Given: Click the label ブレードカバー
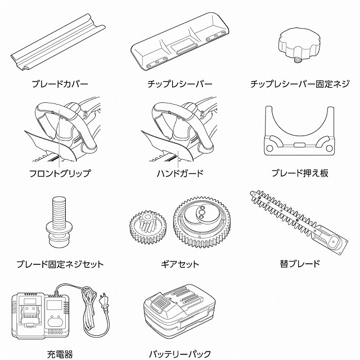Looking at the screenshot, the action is coord(60,84).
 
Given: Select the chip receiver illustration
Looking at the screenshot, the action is coord(180,41).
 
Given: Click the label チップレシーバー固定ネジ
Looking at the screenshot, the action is coord(300,84).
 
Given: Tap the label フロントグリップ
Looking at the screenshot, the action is coord(60,173).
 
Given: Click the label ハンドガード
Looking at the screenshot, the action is coord(180,173).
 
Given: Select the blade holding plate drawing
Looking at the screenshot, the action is coord(299,131).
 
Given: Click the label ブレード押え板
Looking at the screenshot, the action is coord(300,173).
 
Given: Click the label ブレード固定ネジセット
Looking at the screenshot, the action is coord(60,264).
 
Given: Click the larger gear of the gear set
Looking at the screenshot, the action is coord(202,222).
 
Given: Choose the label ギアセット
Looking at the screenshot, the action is coord(180,264).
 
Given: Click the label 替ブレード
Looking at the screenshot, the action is coord(300,264).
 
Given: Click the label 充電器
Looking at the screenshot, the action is coord(60,354).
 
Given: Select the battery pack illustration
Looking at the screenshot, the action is coord(179,310).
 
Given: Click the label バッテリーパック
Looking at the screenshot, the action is coord(180,354).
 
